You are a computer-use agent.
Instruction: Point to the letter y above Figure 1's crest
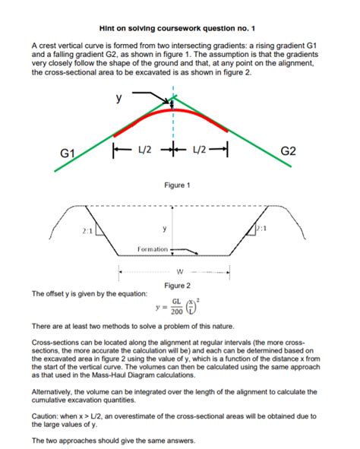[x=118, y=98]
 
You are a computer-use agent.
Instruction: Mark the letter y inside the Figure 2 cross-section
[x=165, y=229]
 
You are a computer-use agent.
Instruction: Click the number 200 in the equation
[x=176, y=311]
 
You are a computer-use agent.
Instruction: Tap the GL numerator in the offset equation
[x=176, y=302]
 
